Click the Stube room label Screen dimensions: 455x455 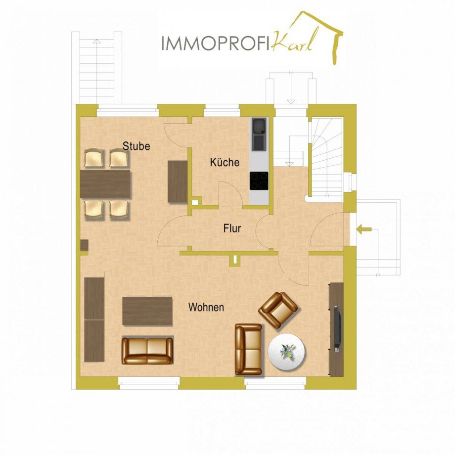[x=136, y=146]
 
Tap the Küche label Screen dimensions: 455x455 [x=225, y=162]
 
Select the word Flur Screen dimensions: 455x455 [x=232, y=228]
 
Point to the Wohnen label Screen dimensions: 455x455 [x=206, y=307]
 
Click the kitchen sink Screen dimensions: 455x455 [x=259, y=134]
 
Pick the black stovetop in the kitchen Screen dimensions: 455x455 [x=259, y=181]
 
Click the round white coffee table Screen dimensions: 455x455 [x=287, y=352]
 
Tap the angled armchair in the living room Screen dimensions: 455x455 [x=278, y=310]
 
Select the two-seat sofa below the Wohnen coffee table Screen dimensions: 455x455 [x=147, y=351]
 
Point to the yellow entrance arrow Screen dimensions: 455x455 [x=364, y=229]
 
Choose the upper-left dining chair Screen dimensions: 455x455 [x=94, y=158]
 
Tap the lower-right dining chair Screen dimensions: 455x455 [x=119, y=209]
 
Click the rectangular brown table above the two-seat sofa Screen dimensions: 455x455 [x=147, y=311]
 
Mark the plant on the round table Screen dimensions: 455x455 [x=287, y=351]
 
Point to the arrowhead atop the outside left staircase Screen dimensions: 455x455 [x=96, y=41]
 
